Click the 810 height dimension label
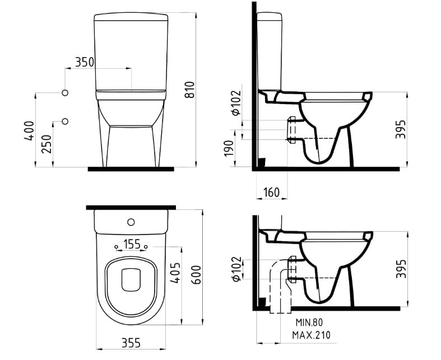coord(190,90)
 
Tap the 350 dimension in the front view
coord(85,62)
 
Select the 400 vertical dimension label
coord(29,130)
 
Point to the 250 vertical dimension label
coord(47,144)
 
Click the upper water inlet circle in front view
coord(65,93)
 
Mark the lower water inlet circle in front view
coord(65,121)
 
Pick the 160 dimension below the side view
coord(271,193)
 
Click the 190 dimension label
coord(229,148)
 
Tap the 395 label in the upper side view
coord(401,129)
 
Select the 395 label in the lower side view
coord(401,269)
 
